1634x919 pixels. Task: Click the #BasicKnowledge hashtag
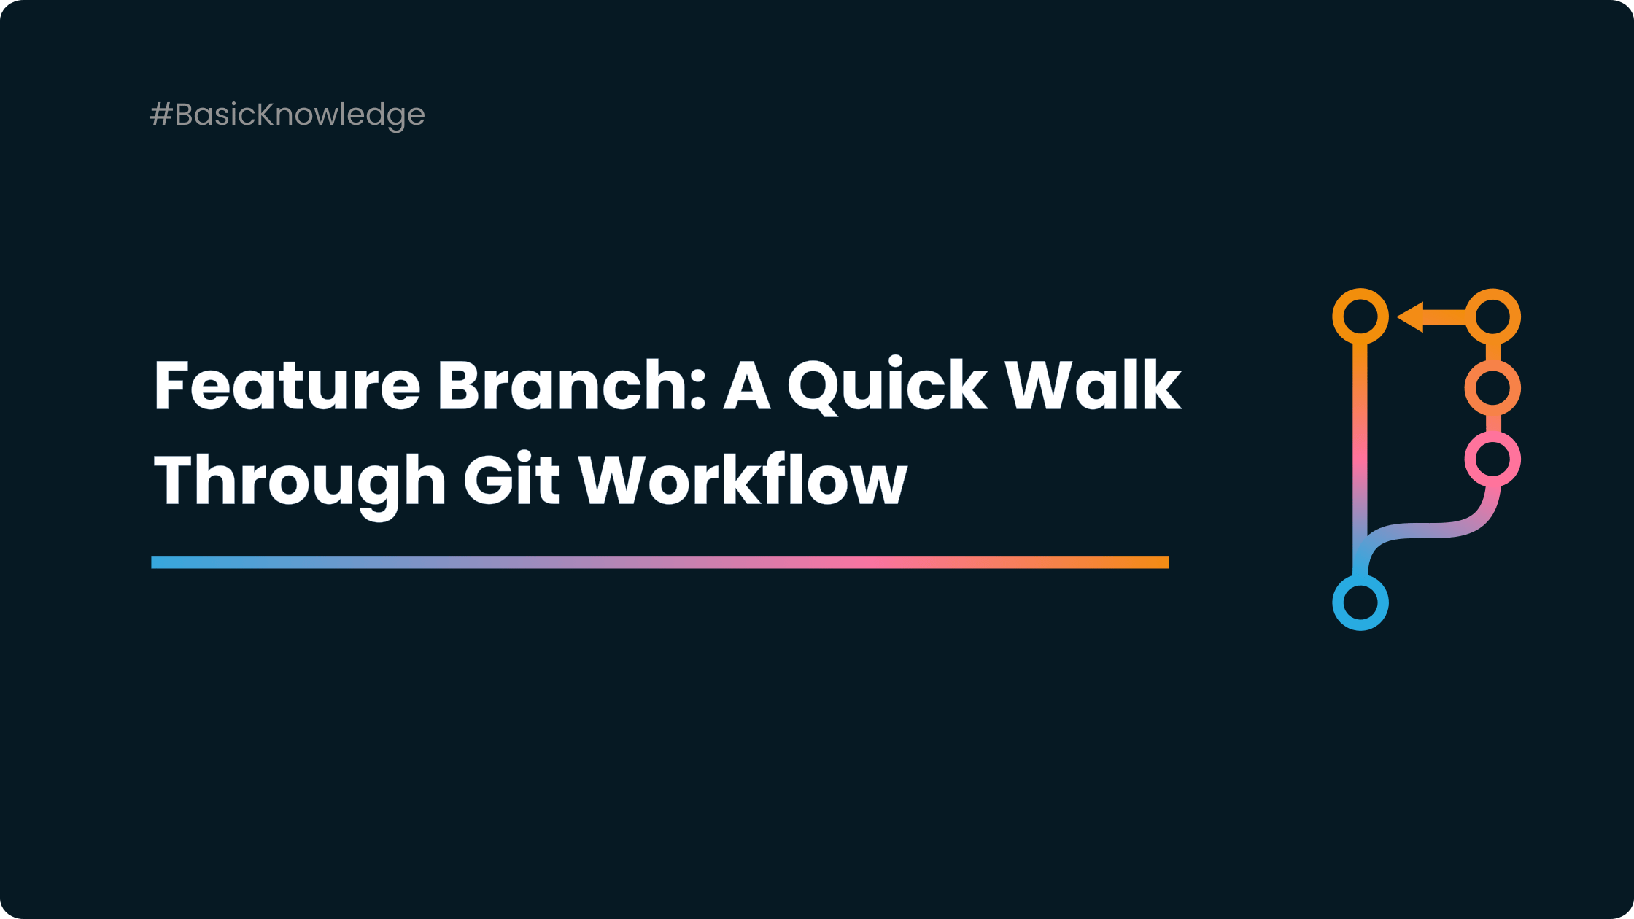[x=287, y=115]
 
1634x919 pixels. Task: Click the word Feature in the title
[x=287, y=386]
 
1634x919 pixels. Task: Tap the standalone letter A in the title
[x=746, y=386]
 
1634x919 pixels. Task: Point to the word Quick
[x=887, y=386]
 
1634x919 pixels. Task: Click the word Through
[x=299, y=481]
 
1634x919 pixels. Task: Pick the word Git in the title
[x=511, y=479]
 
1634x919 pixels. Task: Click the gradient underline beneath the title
[x=659, y=562]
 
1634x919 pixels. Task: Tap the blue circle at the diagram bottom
[x=1360, y=602]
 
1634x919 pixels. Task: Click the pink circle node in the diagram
[x=1492, y=459]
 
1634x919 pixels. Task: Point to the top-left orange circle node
[x=1360, y=316]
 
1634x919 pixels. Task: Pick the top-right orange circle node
[x=1492, y=316]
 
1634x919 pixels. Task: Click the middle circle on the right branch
[x=1492, y=387]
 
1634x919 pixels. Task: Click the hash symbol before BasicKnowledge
[x=160, y=115]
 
